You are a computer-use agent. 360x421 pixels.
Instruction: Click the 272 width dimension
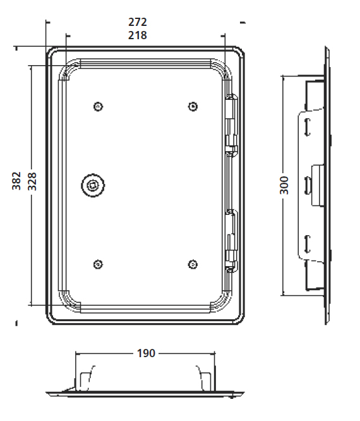coord(137,22)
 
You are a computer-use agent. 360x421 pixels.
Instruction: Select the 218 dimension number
coord(137,35)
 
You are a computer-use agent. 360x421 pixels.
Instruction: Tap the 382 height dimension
coord(16,181)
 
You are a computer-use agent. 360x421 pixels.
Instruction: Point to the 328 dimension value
coord(32,181)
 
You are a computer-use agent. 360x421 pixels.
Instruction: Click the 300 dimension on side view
coord(284,185)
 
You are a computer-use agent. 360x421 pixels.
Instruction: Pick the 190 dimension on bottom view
coord(146,353)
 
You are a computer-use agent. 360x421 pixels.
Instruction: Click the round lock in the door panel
coord(93,185)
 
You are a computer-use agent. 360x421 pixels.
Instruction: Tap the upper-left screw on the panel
coord(98,107)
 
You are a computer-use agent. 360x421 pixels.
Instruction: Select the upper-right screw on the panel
coord(193,107)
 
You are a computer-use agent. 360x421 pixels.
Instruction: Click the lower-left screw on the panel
coord(98,264)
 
